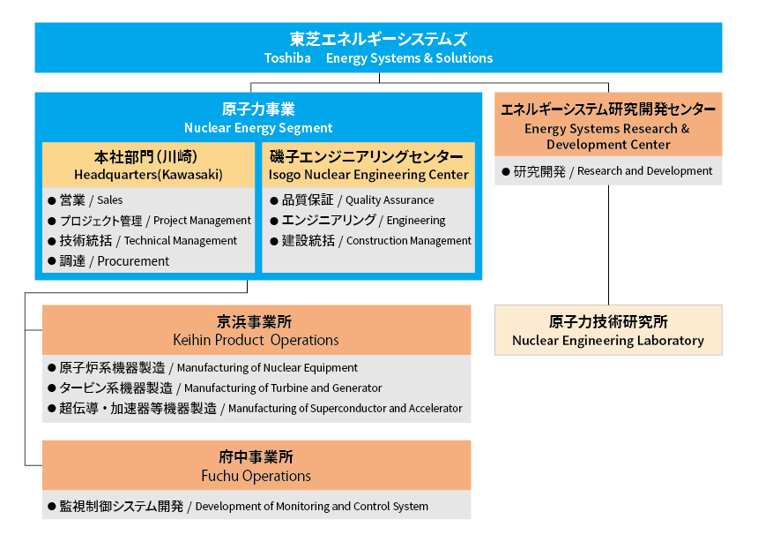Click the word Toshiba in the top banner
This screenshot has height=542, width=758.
pyautogui.click(x=287, y=58)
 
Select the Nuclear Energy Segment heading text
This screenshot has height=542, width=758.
pyautogui.click(x=258, y=128)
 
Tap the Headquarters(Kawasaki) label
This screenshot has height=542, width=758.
pyautogui.click(x=148, y=175)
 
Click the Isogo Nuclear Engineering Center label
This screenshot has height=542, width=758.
pyautogui.click(x=368, y=175)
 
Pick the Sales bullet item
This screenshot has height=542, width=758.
pyautogui.click(x=110, y=200)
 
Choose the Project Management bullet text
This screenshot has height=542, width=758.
pyautogui.click(x=202, y=221)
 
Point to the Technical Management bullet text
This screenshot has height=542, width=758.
pyautogui.click(x=181, y=241)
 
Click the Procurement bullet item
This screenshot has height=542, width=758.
pyautogui.click(x=133, y=261)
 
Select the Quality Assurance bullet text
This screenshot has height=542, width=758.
pyautogui.click(x=390, y=200)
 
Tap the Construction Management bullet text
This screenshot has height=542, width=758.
pyautogui.click(x=409, y=241)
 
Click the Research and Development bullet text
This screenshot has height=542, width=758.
pyautogui.click(x=645, y=171)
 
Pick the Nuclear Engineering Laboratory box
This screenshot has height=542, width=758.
pyautogui.click(x=608, y=331)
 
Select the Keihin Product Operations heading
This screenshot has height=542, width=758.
pyautogui.click(x=256, y=340)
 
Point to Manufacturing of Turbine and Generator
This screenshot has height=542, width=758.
pyautogui.click(x=283, y=388)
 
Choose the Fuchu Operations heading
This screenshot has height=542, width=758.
pyautogui.click(x=256, y=476)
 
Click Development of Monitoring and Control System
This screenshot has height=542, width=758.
pyautogui.click(x=311, y=507)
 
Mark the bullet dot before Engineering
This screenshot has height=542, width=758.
pyautogui.click(x=274, y=221)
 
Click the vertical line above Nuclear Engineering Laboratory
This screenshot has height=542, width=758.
pyautogui.click(x=608, y=247)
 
